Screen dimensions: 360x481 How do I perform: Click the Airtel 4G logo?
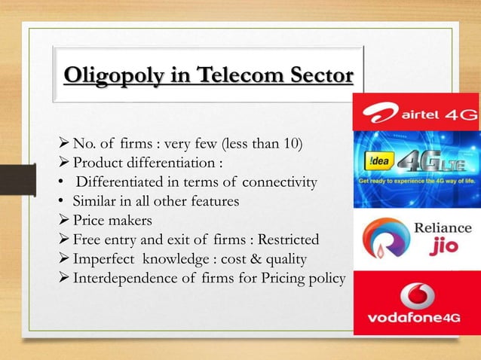417,114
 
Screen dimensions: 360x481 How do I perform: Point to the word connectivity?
279,183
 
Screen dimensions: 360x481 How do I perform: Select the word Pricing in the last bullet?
278,279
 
